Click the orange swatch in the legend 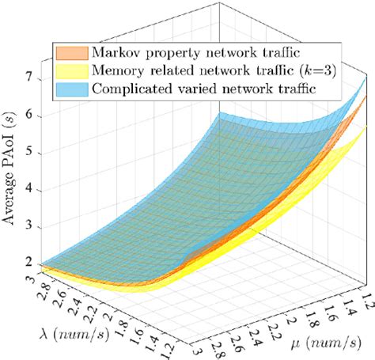(70, 52)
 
